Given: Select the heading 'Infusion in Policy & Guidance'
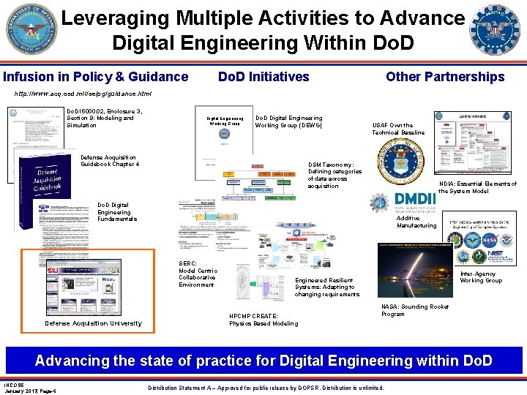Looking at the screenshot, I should pos(96,77).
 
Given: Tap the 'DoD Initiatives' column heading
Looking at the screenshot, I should pos(263,77).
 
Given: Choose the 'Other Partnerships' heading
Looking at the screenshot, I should pos(445,77).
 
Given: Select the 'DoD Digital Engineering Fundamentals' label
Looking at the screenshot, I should pos(116,211).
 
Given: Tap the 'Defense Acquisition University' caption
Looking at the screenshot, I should pos(93,323).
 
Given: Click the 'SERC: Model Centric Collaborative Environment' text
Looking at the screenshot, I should pos(197,274).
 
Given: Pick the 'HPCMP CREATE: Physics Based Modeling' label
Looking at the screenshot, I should pos(263,320).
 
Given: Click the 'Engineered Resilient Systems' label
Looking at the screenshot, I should pos(326,287).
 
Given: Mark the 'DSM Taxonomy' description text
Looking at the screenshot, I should pos(334,176).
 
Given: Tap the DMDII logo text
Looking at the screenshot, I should pos(414,200).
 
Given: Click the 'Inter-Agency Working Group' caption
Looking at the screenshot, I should pos(480,277).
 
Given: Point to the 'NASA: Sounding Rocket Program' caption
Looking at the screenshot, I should pos(415,310).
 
